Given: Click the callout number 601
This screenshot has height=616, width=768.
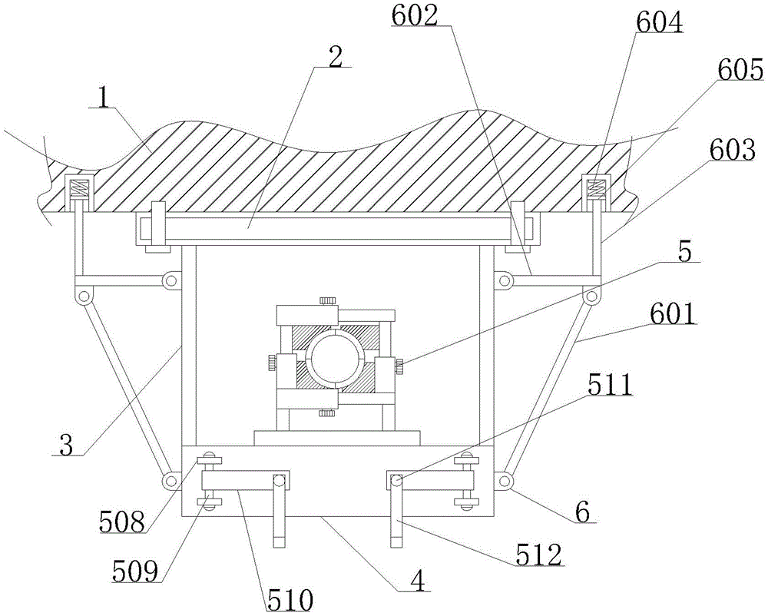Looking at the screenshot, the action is coord(673,314).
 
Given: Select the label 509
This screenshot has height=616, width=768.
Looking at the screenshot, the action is coord(136,570).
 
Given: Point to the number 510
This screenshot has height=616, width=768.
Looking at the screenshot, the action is coord(290,599).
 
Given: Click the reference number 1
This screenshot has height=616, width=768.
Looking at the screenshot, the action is coord(104,99).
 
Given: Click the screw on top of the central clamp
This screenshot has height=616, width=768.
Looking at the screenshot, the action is coord(326,300).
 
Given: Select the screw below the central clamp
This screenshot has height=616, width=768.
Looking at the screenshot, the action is coord(326,414).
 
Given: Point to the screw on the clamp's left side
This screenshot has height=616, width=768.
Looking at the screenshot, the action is coord(272,364).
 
